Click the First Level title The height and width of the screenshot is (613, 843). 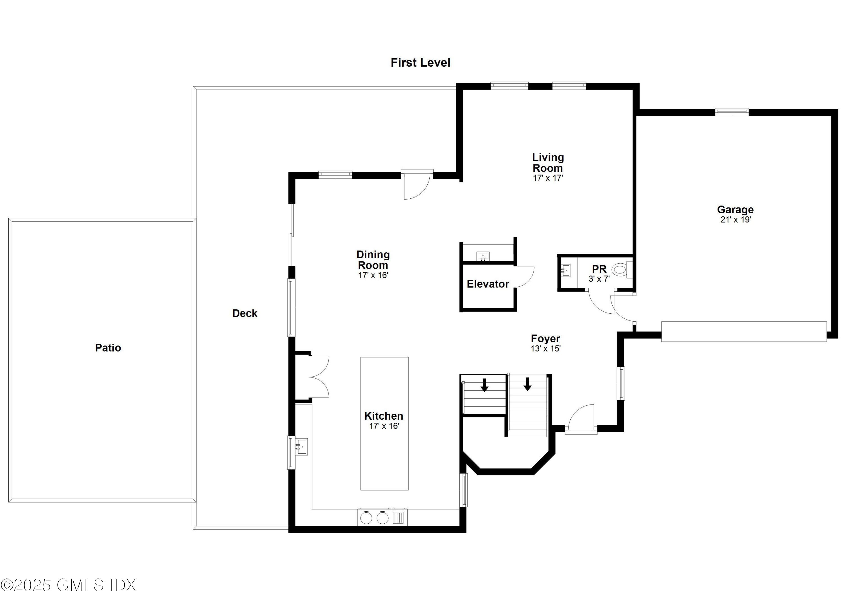coord(420,62)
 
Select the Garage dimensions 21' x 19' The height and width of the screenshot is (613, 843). coord(735,220)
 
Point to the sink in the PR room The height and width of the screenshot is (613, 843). coord(565,270)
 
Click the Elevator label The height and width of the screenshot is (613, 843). coord(488,284)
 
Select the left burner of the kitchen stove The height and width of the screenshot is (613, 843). coord(366,518)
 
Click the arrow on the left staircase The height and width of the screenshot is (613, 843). coord(484,385)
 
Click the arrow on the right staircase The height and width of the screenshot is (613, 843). coord(527,384)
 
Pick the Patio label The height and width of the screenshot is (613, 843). coord(108,348)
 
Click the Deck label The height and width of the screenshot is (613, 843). coord(244,313)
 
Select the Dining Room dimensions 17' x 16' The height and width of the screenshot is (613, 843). coord(373,275)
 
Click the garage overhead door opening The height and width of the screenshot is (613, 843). coord(744,332)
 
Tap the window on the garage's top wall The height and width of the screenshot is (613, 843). coord(731,112)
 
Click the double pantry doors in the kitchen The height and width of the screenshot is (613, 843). coord(319,377)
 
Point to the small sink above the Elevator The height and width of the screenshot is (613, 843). coord(483,256)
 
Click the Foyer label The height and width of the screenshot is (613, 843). coord(545,339)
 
